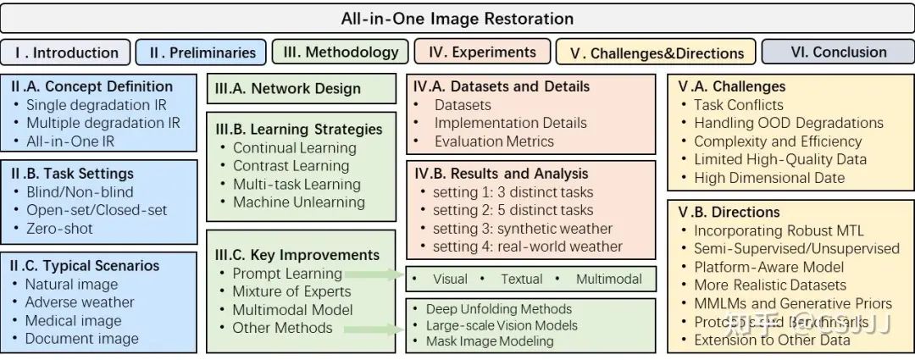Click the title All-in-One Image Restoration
(x=457, y=18)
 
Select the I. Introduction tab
(x=66, y=53)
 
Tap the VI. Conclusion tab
(x=837, y=52)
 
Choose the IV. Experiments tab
(x=482, y=52)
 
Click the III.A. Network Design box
(x=301, y=88)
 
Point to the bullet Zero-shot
(x=59, y=228)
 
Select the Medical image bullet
(x=73, y=320)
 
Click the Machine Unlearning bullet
(x=298, y=202)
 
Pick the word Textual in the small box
(x=521, y=279)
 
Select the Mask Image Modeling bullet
(x=490, y=341)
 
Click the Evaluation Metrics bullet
(x=494, y=141)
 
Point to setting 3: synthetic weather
(x=517, y=229)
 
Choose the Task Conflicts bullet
(x=738, y=105)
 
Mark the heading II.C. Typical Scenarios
(x=86, y=266)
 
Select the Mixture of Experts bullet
(x=291, y=291)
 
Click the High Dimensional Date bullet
(x=769, y=178)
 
